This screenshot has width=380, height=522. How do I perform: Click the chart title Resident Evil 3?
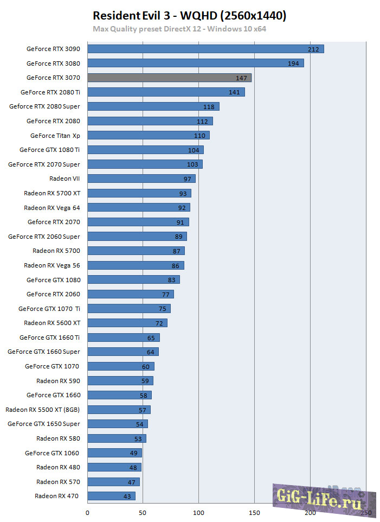[190, 16]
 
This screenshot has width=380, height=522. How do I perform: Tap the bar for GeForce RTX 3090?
[205, 49]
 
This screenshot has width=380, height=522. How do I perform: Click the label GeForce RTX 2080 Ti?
[50, 92]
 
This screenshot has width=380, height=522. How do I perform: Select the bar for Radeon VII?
[141, 179]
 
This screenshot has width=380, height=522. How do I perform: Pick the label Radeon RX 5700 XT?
[52, 193]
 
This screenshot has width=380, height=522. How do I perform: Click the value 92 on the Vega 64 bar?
[182, 208]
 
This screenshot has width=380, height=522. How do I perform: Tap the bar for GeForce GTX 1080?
[133, 279]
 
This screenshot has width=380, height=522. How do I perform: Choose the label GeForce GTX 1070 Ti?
[49, 309]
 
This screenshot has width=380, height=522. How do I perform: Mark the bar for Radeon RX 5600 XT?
[127, 323]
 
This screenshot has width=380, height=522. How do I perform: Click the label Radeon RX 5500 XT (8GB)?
[43, 410]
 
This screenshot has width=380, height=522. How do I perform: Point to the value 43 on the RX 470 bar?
[127, 496]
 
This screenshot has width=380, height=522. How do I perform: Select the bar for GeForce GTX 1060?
[114, 453]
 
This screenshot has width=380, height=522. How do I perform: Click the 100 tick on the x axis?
[199, 512]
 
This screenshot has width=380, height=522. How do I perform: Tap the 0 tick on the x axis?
[87, 512]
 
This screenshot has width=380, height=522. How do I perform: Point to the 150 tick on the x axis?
[255, 512]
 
